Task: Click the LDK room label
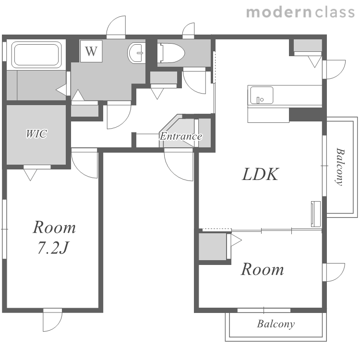(261, 174)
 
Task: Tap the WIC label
(36, 133)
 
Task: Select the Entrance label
(181, 136)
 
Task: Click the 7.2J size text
(53, 248)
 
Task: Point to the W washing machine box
(91, 51)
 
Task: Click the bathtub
(36, 55)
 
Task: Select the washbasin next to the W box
(136, 53)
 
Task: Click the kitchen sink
(262, 96)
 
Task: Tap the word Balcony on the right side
(340, 167)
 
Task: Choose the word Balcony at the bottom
(276, 324)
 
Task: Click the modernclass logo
(300, 12)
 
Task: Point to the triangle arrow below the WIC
(30, 175)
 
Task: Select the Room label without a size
(262, 269)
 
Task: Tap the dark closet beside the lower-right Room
(212, 247)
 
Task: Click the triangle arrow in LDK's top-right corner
(315, 61)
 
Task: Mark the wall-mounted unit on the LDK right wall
(316, 214)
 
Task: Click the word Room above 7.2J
(54, 228)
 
